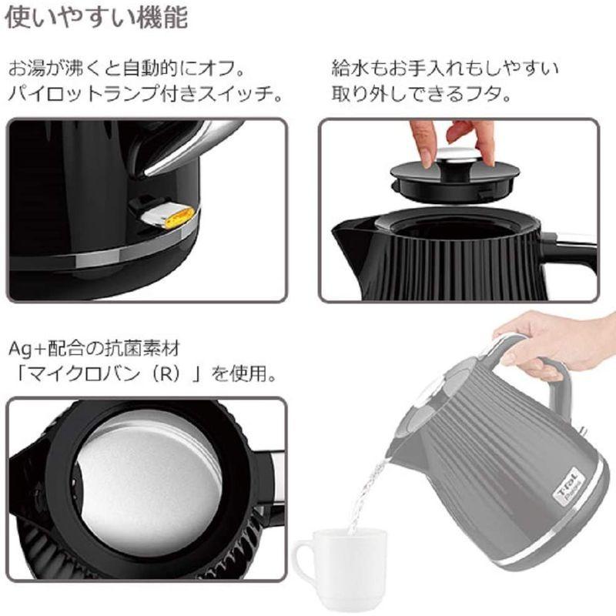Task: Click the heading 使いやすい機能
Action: coord(96,17)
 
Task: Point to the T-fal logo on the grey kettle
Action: coord(568,486)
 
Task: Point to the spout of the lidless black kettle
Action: coord(346,231)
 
